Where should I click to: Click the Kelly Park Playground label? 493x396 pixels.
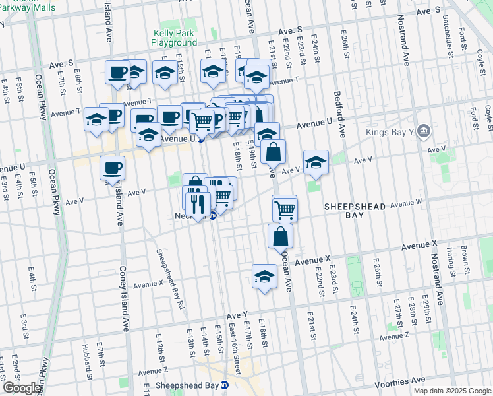(x=175, y=38)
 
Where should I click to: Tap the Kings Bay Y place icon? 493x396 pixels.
(x=424, y=129)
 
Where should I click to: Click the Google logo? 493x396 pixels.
(x=21, y=388)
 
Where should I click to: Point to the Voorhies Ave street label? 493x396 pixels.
(x=401, y=381)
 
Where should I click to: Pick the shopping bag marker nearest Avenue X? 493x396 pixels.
(x=281, y=236)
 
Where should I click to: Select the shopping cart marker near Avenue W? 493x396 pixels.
(x=285, y=209)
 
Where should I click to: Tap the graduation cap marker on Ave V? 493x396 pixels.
(x=316, y=162)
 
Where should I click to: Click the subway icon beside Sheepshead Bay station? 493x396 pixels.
(x=225, y=385)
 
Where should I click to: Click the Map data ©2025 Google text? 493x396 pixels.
(x=451, y=391)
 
